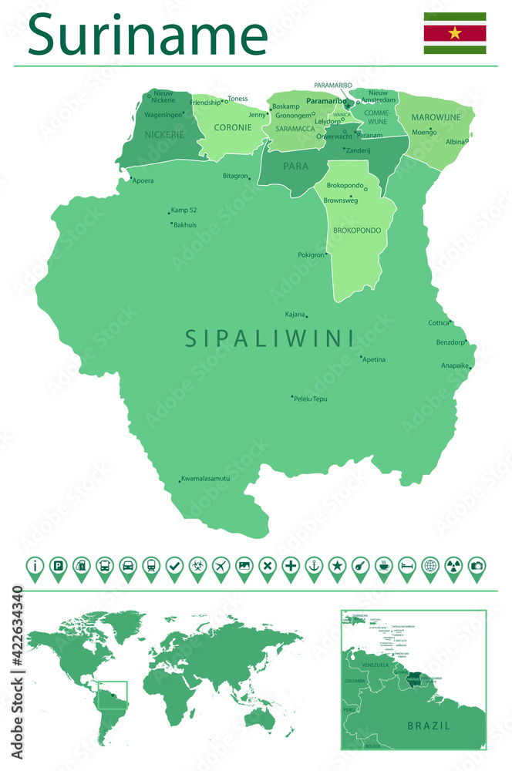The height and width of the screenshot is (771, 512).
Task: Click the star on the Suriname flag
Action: pos(454,33)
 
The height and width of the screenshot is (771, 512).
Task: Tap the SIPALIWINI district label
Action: pos(269,338)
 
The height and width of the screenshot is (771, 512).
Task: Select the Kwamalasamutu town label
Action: pos(206,479)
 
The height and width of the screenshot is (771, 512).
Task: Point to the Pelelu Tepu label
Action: pos(310,399)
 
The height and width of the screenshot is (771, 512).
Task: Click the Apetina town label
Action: pos(374,359)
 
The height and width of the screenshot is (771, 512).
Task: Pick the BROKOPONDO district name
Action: pos(357,231)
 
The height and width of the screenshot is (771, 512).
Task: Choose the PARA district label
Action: pos(295,166)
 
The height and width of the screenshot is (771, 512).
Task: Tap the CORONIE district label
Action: pos(232,127)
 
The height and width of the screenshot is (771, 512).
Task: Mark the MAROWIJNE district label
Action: pos(436,118)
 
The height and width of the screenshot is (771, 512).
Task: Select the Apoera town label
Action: pos(143,181)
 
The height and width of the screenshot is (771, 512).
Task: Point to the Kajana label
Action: pos(295,315)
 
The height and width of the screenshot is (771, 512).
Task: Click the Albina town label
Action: pos(455,142)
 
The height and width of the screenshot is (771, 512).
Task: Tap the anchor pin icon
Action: pos(314,566)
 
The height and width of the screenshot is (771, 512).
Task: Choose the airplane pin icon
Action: pos(221,566)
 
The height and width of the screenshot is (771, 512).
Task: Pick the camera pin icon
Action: pos(477,566)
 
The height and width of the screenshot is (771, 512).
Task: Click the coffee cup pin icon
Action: pos(383,566)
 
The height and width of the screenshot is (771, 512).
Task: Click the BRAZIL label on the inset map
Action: pos(429,726)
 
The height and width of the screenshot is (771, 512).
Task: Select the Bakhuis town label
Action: pos(185,225)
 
